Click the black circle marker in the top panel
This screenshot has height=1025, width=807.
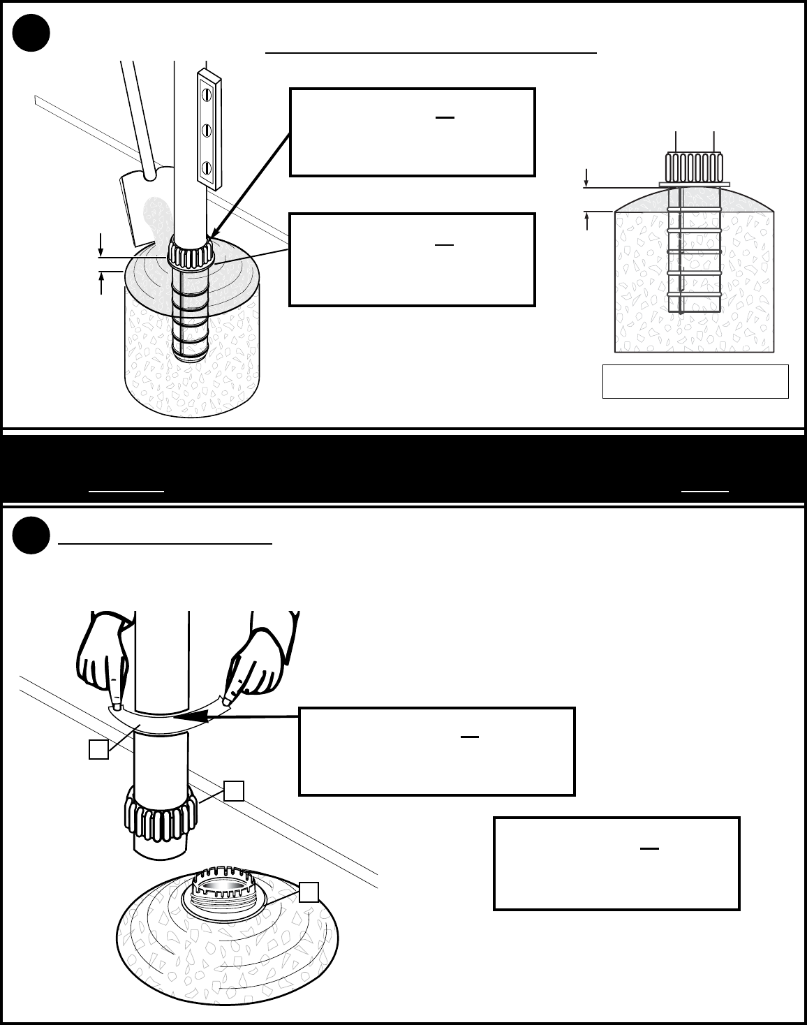(x=31, y=33)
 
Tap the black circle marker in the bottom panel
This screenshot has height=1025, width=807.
(x=31, y=536)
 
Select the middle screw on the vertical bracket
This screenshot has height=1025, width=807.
(x=207, y=130)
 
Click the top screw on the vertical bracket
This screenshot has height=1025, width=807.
(x=207, y=93)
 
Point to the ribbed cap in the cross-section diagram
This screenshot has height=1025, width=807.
(x=694, y=168)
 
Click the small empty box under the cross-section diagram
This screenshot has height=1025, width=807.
(x=695, y=381)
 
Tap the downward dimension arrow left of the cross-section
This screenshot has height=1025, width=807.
(x=586, y=177)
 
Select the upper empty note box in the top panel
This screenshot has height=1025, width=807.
(x=412, y=132)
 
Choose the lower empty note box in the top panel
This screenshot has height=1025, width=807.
(x=412, y=260)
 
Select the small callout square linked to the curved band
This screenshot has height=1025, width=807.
(x=98, y=749)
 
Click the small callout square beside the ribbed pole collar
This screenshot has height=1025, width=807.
(x=234, y=790)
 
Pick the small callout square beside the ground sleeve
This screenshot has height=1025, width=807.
(x=309, y=892)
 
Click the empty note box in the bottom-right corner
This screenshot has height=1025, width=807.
(x=616, y=863)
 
